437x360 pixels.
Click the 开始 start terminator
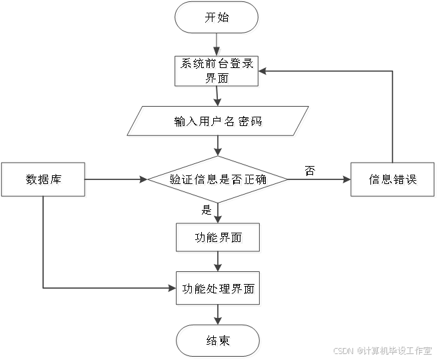tap(218, 19)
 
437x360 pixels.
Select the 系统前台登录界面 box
tap(218, 71)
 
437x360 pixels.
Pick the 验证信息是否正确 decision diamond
tap(219, 180)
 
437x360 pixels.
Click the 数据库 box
tap(44, 180)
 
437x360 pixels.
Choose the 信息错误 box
tap(394, 180)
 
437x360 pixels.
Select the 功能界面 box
tap(218, 239)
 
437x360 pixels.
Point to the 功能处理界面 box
tap(218, 289)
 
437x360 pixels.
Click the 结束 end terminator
tap(218, 342)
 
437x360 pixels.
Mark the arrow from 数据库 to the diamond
tap(117, 180)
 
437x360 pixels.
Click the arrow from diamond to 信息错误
tap(320, 180)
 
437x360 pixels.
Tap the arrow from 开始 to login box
tap(218, 45)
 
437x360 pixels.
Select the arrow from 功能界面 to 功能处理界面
tap(218, 263)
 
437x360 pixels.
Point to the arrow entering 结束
tap(218, 315)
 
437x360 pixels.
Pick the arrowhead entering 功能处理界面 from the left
tap(172, 289)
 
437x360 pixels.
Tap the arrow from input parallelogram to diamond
tap(218, 147)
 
